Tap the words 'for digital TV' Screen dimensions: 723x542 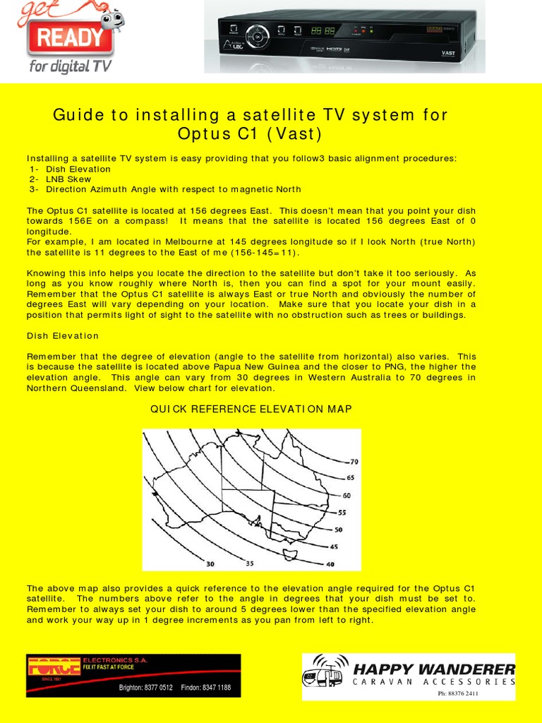click(x=70, y=67)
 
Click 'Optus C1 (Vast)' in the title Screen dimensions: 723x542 click(x=251, y=134)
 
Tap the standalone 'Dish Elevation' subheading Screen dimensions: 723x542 click(x=63, y=336)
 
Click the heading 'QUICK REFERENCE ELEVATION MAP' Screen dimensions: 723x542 click(x=251, y=410)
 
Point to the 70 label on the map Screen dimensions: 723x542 click(x=354, y=462)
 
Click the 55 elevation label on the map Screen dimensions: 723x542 click(x=342, y=513)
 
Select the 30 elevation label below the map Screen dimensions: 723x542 click(x=210, y=564)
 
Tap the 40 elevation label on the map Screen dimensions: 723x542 click(x=330, y=564)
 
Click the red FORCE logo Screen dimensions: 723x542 click(x=54, y=666)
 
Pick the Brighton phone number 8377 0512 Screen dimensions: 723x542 click(x=146, y=688)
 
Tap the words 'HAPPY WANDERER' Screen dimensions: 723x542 click(x=434, y=669)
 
